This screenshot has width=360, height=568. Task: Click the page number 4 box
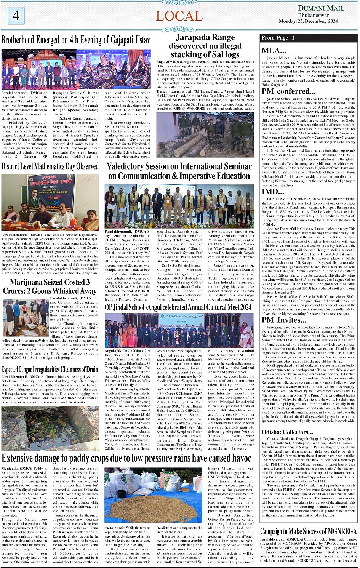[x=16, y=16]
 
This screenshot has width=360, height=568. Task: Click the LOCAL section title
[x=179, y=16]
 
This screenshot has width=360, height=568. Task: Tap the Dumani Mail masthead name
[x=321, y=8]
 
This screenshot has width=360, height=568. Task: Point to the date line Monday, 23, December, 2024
[x=308, y=21]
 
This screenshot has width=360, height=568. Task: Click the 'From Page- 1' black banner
[x=309, y=38]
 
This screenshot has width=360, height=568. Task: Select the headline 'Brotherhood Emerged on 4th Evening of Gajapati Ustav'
[x=75, y=40]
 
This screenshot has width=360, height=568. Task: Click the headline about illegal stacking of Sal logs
[x=205, y=46]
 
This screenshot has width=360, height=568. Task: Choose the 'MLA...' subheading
[x=274, y=50]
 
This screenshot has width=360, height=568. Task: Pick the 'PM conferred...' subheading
[x=288, y=91]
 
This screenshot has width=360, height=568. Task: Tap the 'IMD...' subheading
[x=272, y=191]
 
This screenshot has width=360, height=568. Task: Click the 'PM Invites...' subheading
[x=284, y=320]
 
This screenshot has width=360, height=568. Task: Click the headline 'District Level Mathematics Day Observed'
[x=50, y=166]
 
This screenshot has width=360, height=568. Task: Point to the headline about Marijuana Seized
[x=50, y=286]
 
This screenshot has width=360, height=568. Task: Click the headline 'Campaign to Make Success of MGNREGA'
[x=308, y=531]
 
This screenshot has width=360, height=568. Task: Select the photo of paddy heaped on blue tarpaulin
[x=153, y=495]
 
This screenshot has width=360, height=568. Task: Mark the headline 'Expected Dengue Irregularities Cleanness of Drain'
[x=50, y=370]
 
